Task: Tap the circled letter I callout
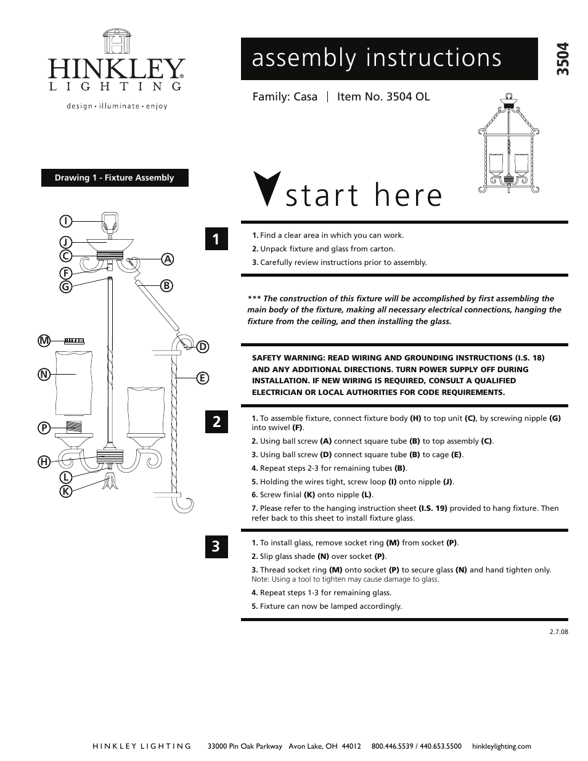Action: click(65, 221)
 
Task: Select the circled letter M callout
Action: click(44, 341)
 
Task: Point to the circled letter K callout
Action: click(65, 491)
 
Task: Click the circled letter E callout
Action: click(202, 378)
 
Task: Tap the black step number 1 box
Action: click(216, 239)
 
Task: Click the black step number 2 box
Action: click(216, 422)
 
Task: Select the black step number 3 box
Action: click(216, 546)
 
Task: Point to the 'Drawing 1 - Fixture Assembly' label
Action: click(115, 178)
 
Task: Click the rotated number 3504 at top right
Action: click(562, 59)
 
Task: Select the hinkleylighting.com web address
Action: click(501, 746)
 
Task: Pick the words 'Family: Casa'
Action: click(285, 97)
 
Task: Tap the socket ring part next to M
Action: click(74, 340)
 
